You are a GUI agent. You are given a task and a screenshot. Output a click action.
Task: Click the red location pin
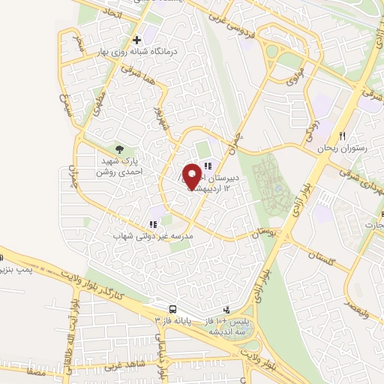click(192, 175)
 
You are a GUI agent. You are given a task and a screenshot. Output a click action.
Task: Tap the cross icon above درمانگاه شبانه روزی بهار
click(136, 40)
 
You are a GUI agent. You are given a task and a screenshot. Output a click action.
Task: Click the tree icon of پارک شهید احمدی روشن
click(119, 149)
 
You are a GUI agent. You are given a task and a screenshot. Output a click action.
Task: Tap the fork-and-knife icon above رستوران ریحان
click(343, 136)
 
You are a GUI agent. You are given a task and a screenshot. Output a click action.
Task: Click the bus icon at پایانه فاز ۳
click(173, 309)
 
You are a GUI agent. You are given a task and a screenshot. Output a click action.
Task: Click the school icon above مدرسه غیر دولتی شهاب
click(153, 223)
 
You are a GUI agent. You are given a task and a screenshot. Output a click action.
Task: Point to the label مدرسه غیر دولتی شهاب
click(143, 235)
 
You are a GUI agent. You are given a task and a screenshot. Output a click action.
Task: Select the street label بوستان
click(263, 235)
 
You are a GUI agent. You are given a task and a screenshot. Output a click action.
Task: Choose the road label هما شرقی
click(139, 70)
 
